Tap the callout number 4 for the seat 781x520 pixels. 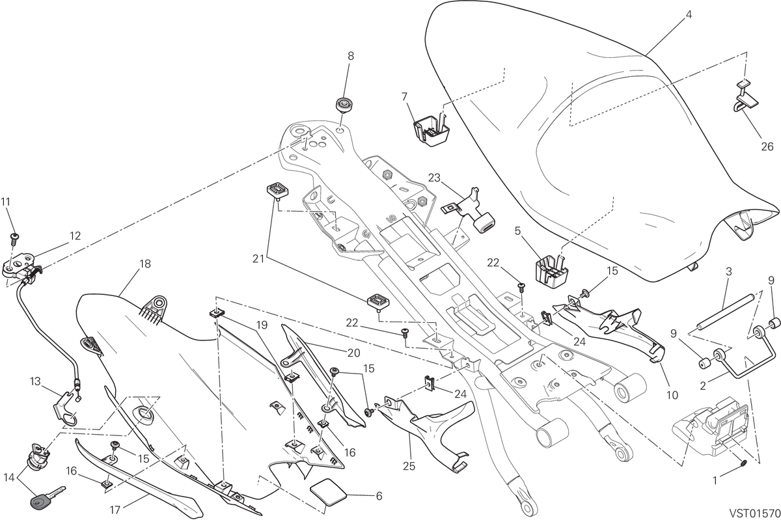coord(688,15)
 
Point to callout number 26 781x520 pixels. coord(767,147)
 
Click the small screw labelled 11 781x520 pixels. coord(14,238)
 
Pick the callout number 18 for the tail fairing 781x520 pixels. coord(144,264)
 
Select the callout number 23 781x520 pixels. coord(435,178)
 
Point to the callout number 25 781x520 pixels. coord(409,466)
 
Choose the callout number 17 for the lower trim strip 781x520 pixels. coord(115,510)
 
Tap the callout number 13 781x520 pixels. coord(35,381)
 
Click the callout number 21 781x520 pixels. coord(258,260)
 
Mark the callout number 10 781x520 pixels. coord(672,395)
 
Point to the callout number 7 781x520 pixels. coord(404,96)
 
